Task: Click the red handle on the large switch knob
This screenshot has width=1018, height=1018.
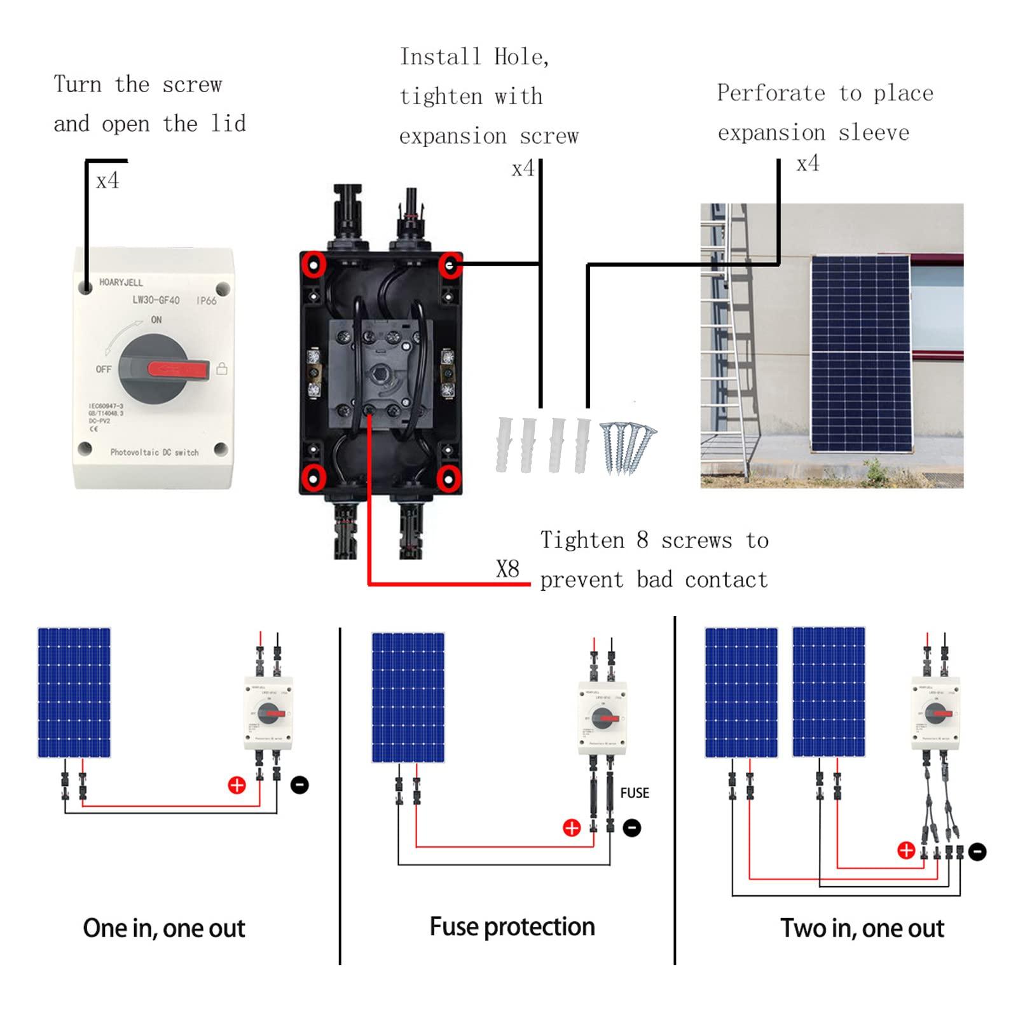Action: [179, 369]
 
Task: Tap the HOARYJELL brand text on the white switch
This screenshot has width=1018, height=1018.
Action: [121, 282]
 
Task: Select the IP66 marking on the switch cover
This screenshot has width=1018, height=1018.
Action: [207, 300]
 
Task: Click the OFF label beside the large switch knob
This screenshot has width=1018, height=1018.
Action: [104, 369]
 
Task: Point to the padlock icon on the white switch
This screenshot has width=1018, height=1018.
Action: [222, 369]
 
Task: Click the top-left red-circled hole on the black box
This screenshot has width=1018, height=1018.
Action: [313, 264]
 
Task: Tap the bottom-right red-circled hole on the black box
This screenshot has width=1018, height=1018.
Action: [449, 478]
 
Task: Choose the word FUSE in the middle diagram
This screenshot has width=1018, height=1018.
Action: [635, 793]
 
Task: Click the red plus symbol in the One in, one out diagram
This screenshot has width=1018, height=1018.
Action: [237, 785]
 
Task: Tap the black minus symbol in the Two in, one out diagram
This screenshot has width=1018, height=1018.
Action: [977, 851]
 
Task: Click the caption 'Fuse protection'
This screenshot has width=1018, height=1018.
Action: [512, 927]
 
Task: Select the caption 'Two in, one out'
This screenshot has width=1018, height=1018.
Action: [862, 928]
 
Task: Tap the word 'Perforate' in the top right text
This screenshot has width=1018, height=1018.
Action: [771, 93]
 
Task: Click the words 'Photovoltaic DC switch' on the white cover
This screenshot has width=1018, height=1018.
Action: [155, 452]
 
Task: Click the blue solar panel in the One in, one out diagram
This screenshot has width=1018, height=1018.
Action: [74, 692]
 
